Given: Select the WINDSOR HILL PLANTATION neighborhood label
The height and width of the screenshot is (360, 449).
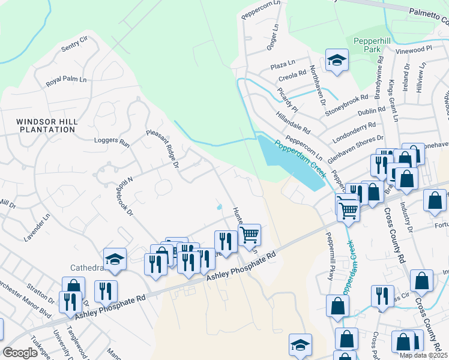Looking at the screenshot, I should (x=47, y=125).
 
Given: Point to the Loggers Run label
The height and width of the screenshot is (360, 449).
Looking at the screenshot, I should (x=112, y=143).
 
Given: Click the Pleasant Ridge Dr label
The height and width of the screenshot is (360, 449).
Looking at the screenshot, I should (x=163, y=148).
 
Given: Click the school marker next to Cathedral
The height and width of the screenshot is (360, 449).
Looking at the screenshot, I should (x=115, y=259).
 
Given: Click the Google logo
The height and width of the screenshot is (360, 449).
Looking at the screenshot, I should (x=20, y=353).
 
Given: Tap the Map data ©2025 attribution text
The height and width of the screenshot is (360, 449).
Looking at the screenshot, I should (x=423, y=355).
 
